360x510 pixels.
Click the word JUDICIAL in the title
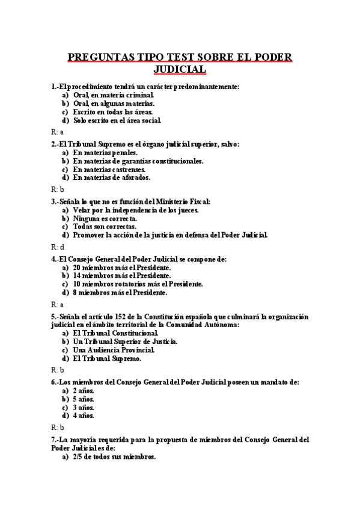[180, 70]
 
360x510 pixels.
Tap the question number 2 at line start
[54, 144]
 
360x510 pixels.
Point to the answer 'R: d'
[58, 247]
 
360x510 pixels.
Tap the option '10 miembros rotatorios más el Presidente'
[138, 284]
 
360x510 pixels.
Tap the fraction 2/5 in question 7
[79, 457]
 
